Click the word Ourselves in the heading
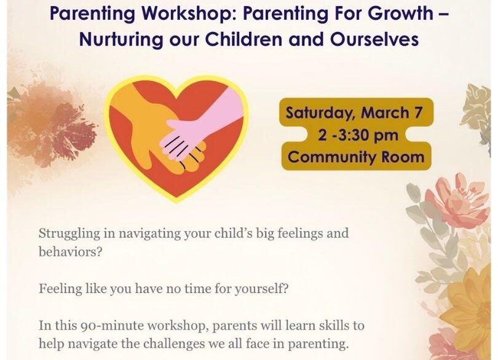374,39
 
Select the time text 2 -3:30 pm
358,136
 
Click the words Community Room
356,157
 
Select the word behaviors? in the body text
71,252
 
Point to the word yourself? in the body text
261,289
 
